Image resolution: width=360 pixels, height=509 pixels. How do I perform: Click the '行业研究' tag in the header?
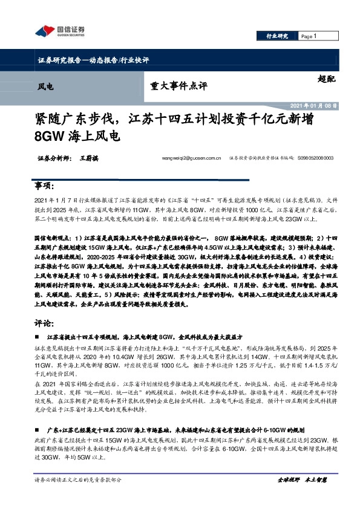[277, 36]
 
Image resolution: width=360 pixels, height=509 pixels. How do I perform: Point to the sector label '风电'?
[45, 86]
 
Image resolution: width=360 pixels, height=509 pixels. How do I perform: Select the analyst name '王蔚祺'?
[88, 158]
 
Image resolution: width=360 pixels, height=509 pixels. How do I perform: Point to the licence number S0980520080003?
[315, 158]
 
